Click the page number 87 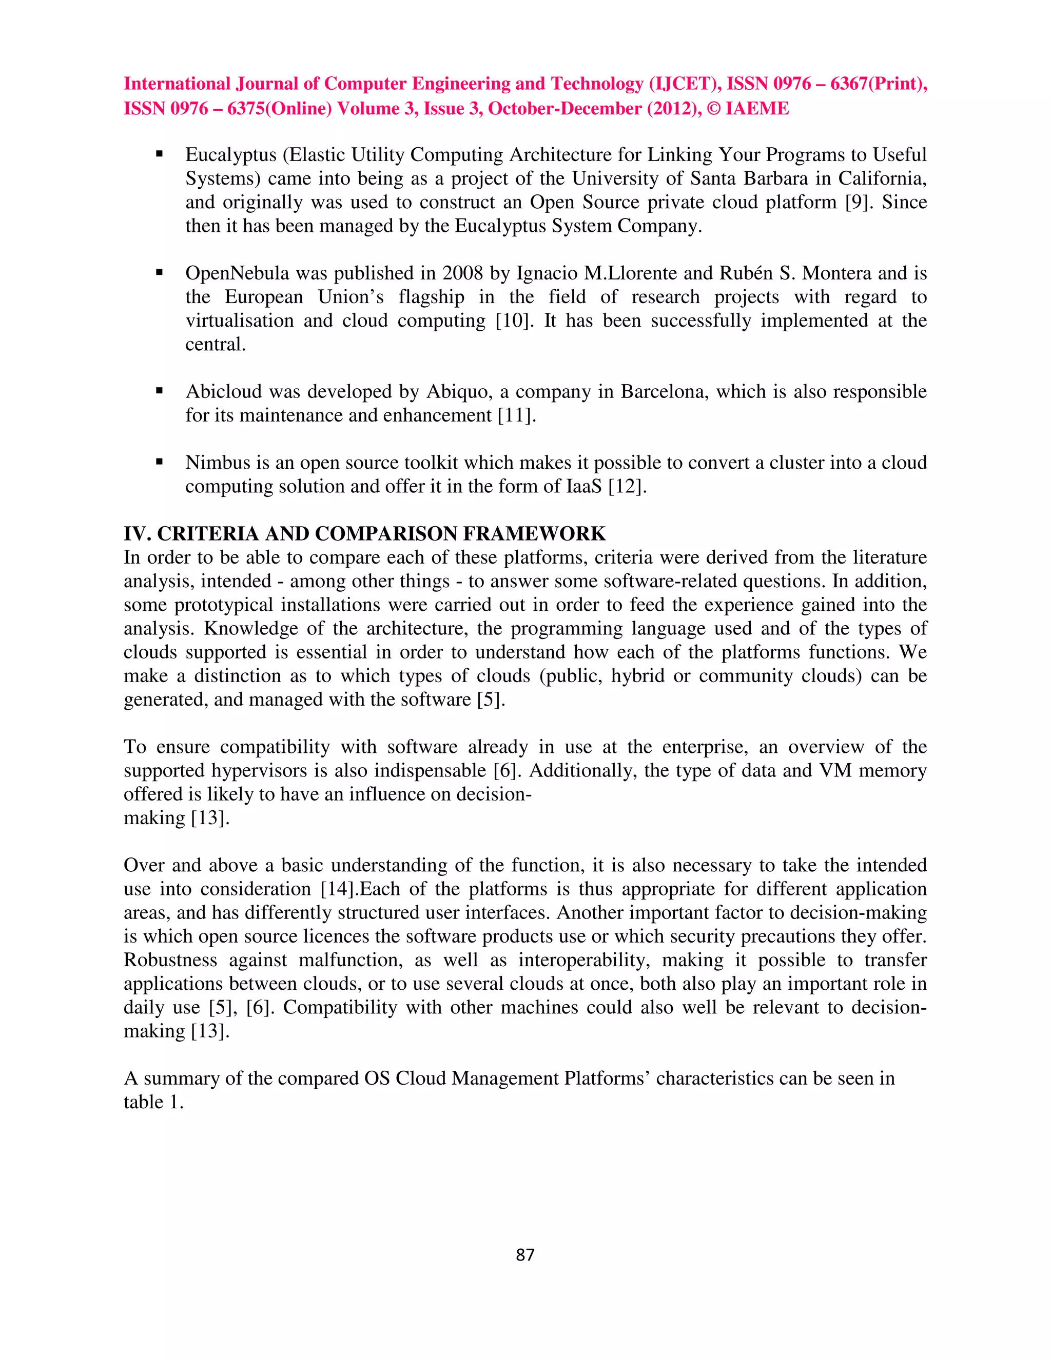tap(525, 1254)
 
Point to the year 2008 tap(462, 273)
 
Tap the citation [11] tap(516, 415)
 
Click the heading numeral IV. tap(137, 534)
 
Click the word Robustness tap(170, 960)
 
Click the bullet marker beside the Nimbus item tap(160, 463)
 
